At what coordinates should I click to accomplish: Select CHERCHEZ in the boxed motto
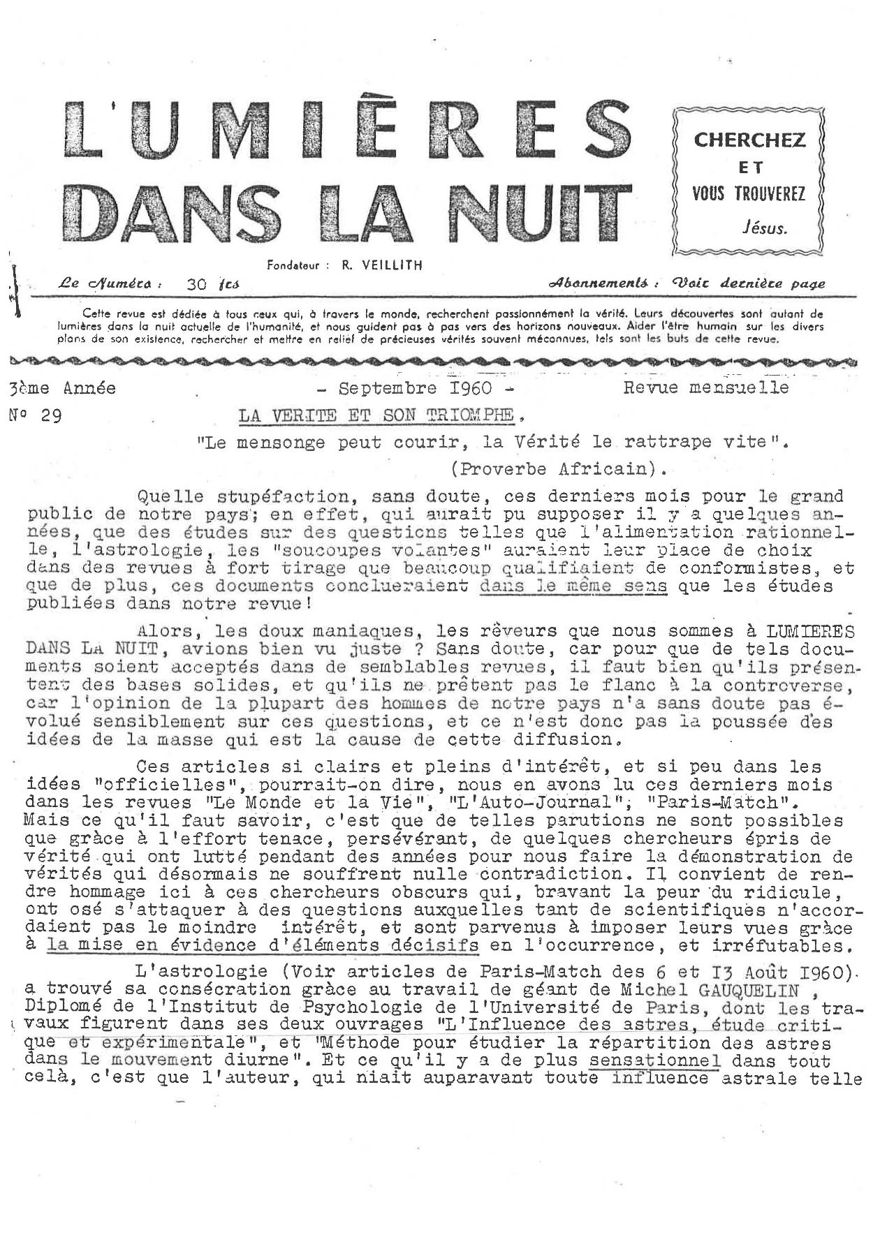(x=749, y=140)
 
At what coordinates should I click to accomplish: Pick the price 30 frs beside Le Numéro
(x=213, y=284)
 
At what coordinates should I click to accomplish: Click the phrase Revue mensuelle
(x=706, y=387)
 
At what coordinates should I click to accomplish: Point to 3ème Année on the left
(x=63, y=388)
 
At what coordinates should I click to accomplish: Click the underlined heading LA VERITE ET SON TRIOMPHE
(x=376, y=415)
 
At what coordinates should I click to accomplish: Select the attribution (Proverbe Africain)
(x=558, y=468)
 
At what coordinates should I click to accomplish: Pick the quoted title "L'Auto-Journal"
(x=407, y=803)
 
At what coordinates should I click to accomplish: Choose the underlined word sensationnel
(x=654, y=1061)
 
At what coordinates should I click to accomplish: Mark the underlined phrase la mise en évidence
(x=150, y=946)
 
